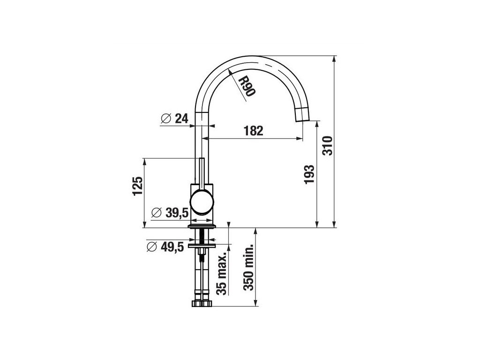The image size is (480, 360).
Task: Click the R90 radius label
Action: point(247,86)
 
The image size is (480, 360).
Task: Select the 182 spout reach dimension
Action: point(254,131)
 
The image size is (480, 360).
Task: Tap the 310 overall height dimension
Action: point(327,146)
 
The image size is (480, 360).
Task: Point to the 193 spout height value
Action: point(309,174)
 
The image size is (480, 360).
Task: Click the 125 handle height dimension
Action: point(137,186)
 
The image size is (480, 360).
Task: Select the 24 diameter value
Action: point(181,118)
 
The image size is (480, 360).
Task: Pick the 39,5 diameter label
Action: point(177,212)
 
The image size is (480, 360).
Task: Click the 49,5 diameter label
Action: point(172,247)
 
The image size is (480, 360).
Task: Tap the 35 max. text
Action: point(222,273)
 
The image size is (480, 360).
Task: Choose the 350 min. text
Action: point(248,267)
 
